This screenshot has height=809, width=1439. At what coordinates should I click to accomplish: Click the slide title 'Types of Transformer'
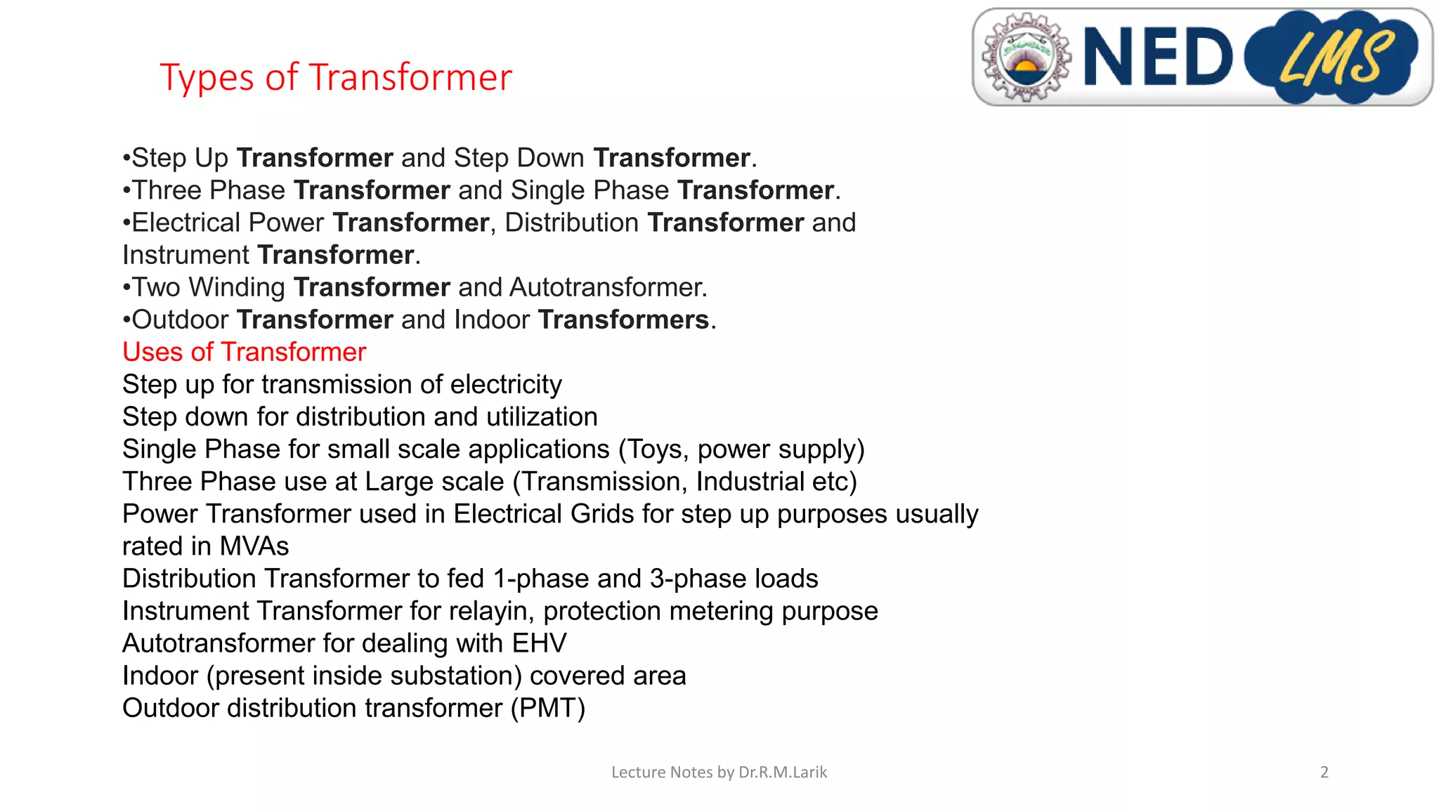[336, 77]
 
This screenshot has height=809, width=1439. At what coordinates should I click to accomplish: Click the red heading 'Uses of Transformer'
[244, 352]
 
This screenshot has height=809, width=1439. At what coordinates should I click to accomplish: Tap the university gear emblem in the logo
[1026, 57]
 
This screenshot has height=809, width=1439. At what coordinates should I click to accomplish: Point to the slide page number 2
[1324, 772]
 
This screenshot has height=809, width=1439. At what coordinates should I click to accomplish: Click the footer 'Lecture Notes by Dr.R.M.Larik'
[719, 772]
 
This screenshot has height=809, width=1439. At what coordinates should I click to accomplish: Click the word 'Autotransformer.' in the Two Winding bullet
[608, 287]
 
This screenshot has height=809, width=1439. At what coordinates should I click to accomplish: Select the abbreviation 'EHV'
[539, 643]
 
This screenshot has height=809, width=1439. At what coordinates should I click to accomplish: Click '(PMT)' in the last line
[547, 708]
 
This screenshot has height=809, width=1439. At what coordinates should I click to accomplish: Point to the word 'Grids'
[602, 514]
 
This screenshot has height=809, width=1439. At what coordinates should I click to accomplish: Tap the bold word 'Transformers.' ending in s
[627, 320]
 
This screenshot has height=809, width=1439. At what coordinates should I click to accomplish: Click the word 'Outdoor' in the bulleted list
[180, 320]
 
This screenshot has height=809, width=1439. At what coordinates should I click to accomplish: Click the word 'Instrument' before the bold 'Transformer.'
[185, 255]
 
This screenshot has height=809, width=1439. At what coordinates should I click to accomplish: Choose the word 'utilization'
[542, 417]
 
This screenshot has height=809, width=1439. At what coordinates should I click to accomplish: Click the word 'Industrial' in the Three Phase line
[750, 482]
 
